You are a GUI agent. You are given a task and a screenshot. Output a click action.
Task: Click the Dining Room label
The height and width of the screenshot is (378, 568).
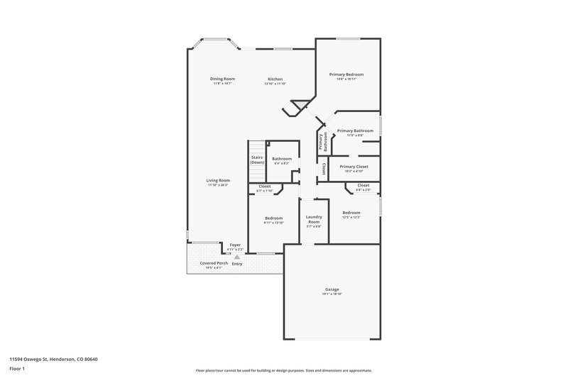click(x=222, y=78)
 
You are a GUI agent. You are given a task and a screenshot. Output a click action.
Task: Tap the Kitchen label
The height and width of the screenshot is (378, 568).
click(x=275, y=78)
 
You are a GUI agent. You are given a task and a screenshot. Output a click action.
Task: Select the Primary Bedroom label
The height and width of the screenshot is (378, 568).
click(x=346, y=74)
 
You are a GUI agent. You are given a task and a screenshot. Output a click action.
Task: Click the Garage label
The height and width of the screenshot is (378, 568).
click(x=332, y=289)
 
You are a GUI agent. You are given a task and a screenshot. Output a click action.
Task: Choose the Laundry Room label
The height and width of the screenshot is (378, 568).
click(x=314, y=219)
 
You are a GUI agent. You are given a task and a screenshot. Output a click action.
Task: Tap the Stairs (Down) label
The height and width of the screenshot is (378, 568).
click(x=256, y=160)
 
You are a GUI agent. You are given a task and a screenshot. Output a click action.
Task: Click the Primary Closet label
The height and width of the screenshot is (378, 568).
click(x=353, y=167)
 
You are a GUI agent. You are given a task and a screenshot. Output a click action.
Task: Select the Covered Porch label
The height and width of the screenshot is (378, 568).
click(x=214, y=262)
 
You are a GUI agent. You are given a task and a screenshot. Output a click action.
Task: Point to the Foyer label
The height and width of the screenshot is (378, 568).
click(x=235, y=245)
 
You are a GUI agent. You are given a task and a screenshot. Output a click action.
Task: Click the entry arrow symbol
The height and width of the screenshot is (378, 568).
click(x=236, y=257)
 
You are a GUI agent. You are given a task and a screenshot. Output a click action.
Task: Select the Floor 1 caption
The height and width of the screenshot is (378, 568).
click(x=17, y=369)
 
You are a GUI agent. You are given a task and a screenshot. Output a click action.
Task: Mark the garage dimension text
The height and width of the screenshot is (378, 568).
click(x=332, y=294)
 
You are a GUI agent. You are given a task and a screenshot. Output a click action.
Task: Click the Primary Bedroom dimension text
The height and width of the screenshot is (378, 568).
click(x=346, y=79)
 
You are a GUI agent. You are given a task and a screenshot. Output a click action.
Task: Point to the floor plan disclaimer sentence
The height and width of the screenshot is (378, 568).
click(x=284, y=370)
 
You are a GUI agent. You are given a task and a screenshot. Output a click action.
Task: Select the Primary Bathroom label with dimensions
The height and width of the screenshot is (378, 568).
click(x=355, y=133)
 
